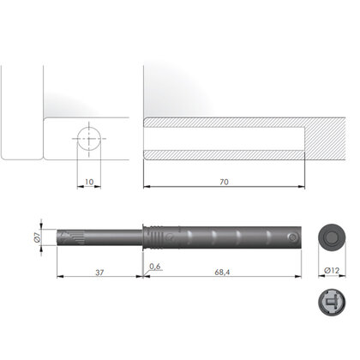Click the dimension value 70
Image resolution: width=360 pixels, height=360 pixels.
(223, 183)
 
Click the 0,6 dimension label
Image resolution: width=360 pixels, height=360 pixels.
(154, 267)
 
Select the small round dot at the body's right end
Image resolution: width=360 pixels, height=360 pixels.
(294, 238)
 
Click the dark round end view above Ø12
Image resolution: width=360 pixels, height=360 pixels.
(331, 238)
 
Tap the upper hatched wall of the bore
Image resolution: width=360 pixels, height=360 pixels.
(223, 123)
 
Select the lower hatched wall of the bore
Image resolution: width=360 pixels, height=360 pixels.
(223, 154)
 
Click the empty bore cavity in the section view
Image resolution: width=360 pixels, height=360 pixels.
(223, 138)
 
